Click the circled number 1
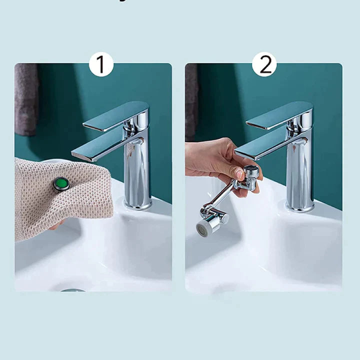click(101, 64)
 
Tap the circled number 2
click(264, 64)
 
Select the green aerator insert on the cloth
click(61, 183)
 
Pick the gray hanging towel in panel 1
click(26, 100)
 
